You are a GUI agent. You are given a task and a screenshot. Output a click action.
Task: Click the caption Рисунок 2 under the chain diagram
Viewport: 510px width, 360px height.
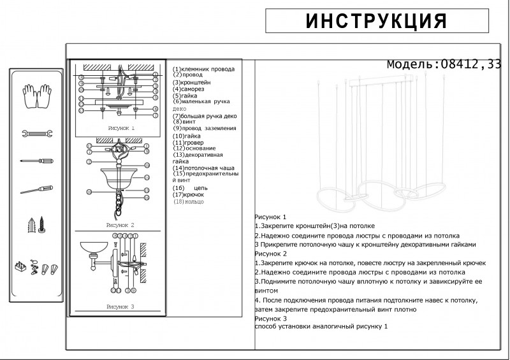[120, 226]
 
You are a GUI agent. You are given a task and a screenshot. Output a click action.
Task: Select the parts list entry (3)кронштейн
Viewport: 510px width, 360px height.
[192, 82]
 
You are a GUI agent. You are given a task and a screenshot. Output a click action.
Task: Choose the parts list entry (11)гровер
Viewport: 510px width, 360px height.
[187, 142]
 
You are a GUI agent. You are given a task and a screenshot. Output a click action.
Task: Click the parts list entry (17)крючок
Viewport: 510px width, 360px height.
[189, 195]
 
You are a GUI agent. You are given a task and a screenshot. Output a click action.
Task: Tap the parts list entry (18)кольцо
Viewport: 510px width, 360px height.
[189, 201]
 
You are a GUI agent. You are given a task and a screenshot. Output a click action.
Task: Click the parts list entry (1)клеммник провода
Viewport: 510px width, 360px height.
[203, 69]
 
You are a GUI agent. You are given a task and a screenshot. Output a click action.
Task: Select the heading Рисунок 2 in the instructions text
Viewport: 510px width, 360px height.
[271, 254]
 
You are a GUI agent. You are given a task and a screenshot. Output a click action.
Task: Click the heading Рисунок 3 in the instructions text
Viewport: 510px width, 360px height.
[271, 318]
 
